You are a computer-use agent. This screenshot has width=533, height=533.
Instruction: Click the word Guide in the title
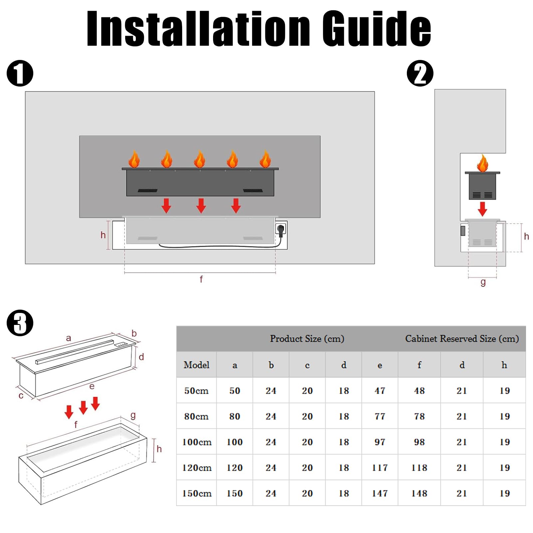pos(377,29)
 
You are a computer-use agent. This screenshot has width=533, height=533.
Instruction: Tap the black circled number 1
pos(20,73)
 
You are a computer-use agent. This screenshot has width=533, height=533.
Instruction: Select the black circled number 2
pos(420,73)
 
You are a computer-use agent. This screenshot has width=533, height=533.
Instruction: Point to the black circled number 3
pos(20,323)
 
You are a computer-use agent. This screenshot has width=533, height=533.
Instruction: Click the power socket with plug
pos(281,229)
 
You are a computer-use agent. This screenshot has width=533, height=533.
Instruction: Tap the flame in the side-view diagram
pos(482,163)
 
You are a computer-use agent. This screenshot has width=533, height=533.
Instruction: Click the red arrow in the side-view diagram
pos(482,209)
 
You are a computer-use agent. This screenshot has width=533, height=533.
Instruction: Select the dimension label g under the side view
pos(483,282)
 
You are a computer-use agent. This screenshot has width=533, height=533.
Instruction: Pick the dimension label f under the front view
pos(201,279)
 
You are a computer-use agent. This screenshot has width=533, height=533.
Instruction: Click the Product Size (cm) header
pos(307,339)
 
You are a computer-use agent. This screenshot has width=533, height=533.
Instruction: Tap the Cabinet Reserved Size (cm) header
pos(462,339)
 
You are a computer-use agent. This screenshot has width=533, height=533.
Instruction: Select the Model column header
pos(196,365)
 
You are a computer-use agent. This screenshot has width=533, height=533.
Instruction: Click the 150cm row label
pos(197,493)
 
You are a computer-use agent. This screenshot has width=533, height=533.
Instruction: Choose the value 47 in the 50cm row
pos(380,391)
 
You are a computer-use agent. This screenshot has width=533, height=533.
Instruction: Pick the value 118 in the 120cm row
pos(419,468)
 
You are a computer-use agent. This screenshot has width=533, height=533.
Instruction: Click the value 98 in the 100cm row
pos(419,442)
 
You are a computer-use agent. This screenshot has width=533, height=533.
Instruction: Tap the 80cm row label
pos(196,416)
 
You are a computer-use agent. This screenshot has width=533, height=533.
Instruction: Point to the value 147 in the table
pos(380,493)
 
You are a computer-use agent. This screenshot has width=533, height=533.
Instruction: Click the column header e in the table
pos(380,366)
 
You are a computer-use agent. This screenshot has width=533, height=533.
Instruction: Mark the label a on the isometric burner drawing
pos(69,338)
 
